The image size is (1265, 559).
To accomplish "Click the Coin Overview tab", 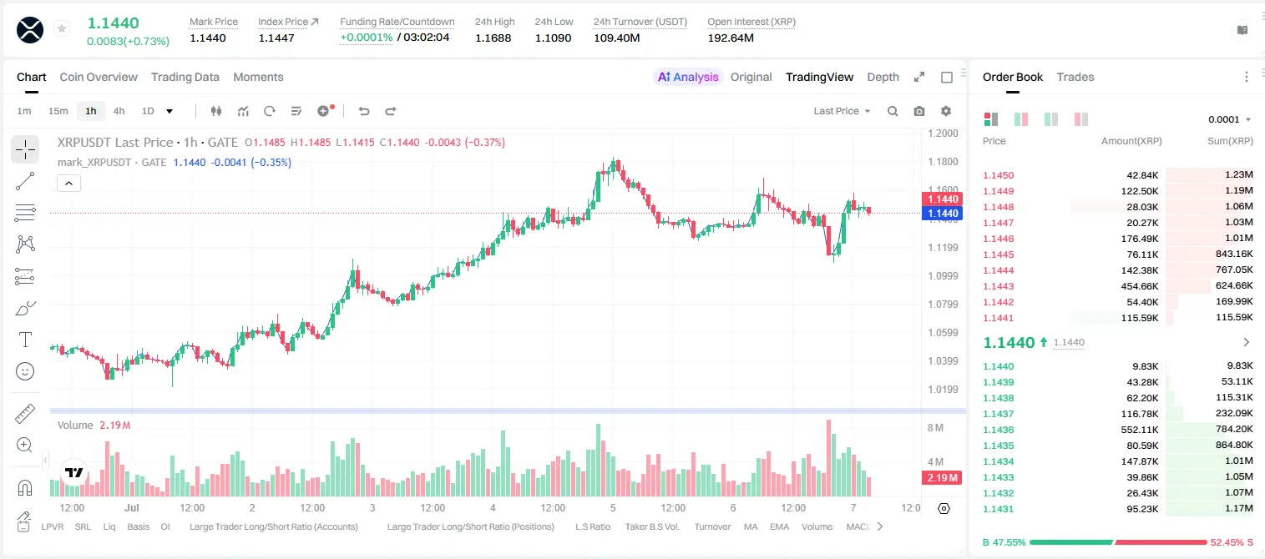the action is click(99, 77).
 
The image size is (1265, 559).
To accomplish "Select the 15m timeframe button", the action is click(58, 111).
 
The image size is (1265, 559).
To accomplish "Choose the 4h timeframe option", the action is click(119, 111).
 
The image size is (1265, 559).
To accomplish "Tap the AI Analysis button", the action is click(688, 77).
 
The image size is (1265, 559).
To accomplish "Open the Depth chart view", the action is click(883, 77).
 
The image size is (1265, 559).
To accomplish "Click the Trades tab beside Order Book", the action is click(1075, 77).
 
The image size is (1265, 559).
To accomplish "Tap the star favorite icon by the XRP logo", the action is click(62, 28).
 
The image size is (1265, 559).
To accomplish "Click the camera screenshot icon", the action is click(919, 111).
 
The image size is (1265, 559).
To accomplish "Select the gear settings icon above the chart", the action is click(946, 111).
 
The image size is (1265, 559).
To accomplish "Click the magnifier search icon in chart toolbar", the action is click(893, 111).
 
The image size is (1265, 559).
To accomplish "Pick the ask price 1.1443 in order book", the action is click(998, 286).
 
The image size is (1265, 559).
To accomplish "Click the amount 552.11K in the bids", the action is click(1139, 430).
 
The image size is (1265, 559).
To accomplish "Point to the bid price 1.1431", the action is click(998, 509).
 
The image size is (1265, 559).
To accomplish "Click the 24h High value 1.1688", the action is click(493, 38).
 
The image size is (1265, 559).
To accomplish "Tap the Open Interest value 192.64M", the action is click(731, 38).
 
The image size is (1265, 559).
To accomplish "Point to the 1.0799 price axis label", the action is click(943, 305).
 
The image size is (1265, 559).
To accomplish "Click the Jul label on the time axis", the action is click(132, 507).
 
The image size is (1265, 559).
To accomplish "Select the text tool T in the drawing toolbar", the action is click(25, 340).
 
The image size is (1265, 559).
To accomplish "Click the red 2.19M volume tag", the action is click(941, 478).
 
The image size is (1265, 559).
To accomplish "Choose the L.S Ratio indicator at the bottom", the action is click(592, 526).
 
